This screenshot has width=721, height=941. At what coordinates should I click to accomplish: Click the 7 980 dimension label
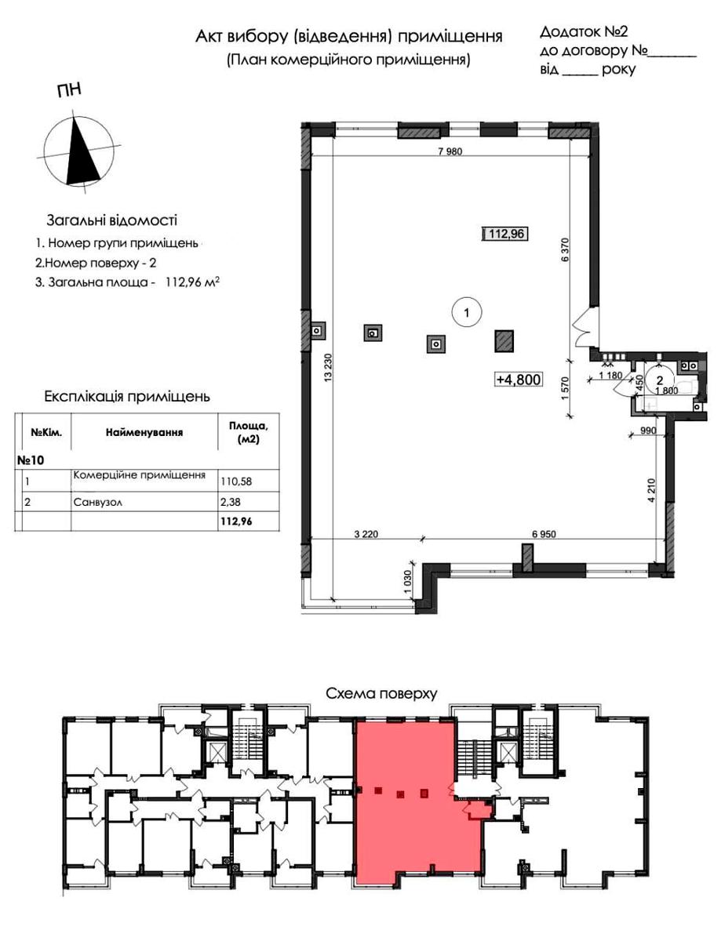tap(450, 151)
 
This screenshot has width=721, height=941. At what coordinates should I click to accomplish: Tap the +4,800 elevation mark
tap(519, 380)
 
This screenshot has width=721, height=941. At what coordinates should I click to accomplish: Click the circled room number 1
tap(466, 312)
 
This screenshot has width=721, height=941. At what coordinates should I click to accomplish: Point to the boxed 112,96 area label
tap(506, 234)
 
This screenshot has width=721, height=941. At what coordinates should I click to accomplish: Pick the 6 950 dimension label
tap(544, 534)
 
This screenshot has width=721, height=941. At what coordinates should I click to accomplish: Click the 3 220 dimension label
tap(366, 534)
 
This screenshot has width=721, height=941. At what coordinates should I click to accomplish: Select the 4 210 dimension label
tap(652, 490)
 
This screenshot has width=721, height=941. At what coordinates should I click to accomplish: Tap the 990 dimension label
tap(648, 431)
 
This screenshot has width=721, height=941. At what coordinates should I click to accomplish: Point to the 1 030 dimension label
tap(409, 581)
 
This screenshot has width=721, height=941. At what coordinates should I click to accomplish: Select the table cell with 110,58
tap(236, 481)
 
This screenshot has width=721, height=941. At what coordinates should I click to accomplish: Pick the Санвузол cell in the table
tap(98, 503)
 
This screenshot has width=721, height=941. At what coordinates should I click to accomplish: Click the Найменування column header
tap(144, 432)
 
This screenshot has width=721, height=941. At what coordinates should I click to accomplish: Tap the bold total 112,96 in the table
tap(236, 521)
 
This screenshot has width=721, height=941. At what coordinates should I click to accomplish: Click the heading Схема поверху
tap(381, 693)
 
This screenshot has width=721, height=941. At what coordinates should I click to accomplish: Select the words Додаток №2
tap(584, 31)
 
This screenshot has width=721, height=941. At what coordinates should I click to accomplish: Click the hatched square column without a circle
tap(504, 341)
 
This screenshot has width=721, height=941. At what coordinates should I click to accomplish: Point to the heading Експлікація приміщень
tap(127, 397)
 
